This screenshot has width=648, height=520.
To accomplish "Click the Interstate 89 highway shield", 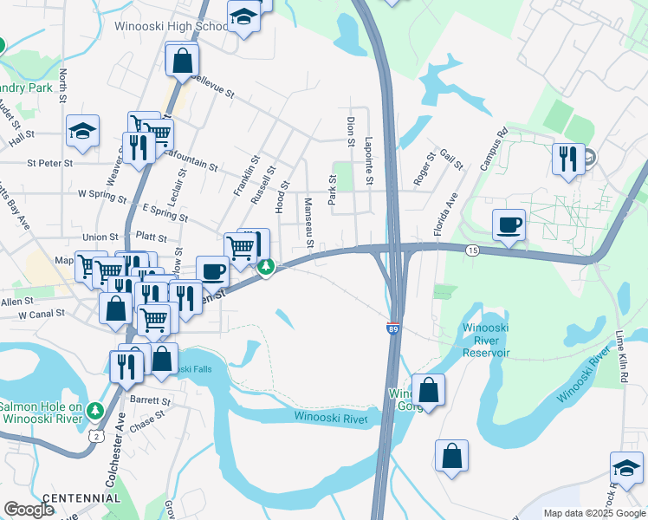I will pyautogui.click(x=392, y=329).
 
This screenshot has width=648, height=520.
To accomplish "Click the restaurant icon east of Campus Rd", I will pyautogui.click(x=567, y=159).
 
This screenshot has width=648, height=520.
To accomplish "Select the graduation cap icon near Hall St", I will pyautogui.click(x=82, y=131).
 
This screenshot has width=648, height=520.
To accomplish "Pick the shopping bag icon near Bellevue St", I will pyautogui.click(x=182, y=61).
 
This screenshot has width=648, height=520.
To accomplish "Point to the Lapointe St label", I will pyautogui.click(x=369, y=160).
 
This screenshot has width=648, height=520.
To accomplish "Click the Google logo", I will pyautogui.click(x=29, y=510).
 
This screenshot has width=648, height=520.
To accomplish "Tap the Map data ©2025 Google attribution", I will pyautogui.click(x=593, y=513).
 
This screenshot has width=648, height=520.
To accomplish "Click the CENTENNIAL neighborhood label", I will pyautogui.click(x=81, y=497).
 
